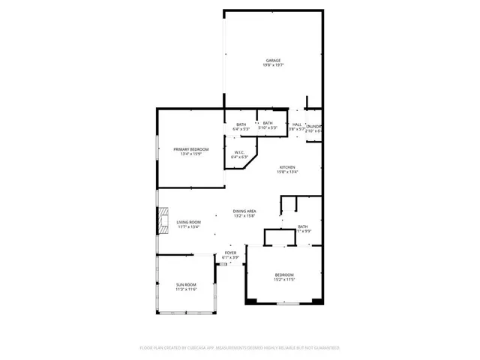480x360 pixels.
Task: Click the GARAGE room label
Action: [272, 60]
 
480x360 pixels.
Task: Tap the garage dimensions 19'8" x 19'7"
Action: [272, 65]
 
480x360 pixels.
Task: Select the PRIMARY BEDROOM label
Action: [191, 149]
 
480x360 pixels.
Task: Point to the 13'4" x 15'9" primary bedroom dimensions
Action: [191, 154]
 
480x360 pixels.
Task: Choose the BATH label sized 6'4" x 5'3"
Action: [241, 124]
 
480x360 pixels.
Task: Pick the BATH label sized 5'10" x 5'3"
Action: [268, 123]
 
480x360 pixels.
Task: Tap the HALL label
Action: [297, 124]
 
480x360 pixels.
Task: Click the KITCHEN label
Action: [287, 166]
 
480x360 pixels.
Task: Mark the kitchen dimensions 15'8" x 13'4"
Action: [287, 172]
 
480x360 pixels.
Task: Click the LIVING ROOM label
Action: [188, 222]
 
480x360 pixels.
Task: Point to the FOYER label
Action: [231, 253]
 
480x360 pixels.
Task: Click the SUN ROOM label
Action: [186, 284]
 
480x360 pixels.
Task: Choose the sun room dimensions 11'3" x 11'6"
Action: [186, 289]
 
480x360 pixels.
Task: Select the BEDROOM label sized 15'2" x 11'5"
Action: [283, 274]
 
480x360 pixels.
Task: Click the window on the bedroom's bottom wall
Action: [287, 304]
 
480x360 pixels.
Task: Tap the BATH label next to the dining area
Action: [303, 226]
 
